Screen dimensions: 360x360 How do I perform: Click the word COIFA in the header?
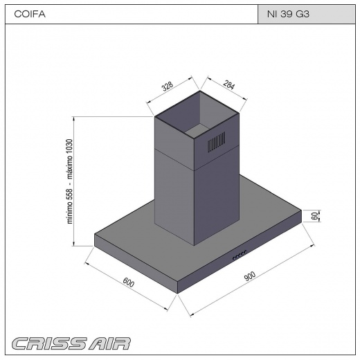(30, 14)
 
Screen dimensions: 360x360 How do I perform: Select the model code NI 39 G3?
(288, 14)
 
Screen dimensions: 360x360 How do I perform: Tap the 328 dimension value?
(168, 86)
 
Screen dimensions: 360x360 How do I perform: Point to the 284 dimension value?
(229, 84)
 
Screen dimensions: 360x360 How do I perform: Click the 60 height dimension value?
(314, 216)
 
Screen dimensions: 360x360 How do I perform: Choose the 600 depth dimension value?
(129, 282)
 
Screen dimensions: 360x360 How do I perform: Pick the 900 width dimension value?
(249, 276)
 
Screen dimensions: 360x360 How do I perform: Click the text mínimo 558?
(70, 206)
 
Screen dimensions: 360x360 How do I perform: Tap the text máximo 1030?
(70, 159)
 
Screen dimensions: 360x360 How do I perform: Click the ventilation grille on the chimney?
(217, 142)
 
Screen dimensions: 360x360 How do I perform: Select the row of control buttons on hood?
(240, 255)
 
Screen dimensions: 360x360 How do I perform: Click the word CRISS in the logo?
(49, 343)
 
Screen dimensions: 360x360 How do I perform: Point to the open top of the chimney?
(197, 114)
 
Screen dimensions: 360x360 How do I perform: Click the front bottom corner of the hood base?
(177, 294)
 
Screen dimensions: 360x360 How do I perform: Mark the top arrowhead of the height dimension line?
(74, 118)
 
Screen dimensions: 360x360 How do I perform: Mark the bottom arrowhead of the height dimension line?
(74, 244)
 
